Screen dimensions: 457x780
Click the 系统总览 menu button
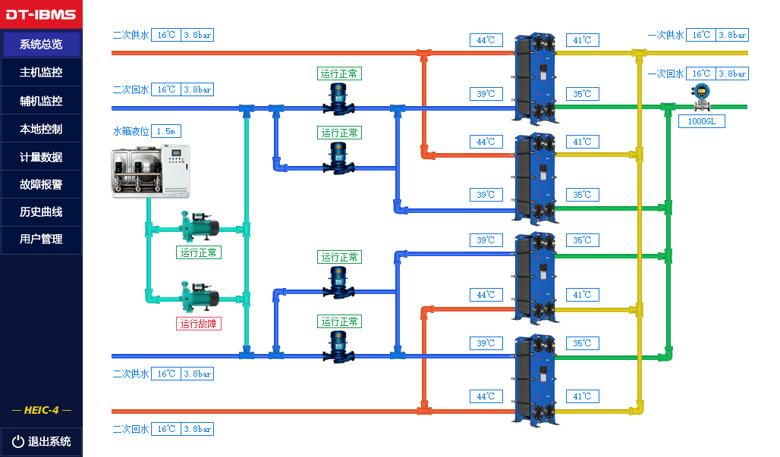pos(41,44)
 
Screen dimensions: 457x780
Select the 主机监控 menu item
pos(41,73)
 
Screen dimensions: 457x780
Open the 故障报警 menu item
pos(41,184)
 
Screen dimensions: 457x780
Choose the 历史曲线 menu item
pos(41,211)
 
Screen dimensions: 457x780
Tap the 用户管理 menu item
pos(41,239)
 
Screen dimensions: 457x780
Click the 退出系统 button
pos(41,441)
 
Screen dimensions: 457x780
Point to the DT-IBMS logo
pos(41,14)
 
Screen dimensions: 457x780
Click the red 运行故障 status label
pos(199,324)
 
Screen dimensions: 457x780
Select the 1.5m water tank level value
pos(165,131)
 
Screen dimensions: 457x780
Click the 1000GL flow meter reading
pos(701,121)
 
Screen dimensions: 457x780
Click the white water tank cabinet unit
pos(150,171)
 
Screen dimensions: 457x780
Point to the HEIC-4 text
pos(41,410)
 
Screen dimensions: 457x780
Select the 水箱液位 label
pos(131,131)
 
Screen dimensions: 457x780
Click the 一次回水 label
pos(665,74)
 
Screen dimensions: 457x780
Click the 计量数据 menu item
pos(41,157)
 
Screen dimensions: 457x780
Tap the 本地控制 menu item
pos(41,129)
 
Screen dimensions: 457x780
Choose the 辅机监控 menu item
pos(41,101)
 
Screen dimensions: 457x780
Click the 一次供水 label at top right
pos(665,35)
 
